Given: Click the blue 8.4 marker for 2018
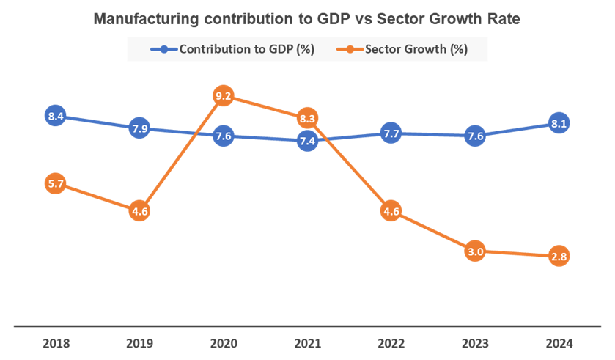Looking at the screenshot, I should click(56, 116).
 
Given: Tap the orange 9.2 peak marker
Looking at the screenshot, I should click(224, 95).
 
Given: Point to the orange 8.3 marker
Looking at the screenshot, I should click(308, 118).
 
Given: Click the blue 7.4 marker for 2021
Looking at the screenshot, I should click(308, 142).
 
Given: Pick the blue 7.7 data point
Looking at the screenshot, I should click(391, 133).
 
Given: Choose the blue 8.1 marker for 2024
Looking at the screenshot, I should click(559, 124).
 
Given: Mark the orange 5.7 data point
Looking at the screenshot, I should click(56, 184).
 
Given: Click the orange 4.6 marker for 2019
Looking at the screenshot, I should click(140, 212).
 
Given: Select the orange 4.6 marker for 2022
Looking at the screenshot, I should click(391, 212).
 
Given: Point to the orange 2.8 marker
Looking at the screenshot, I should click(559, 257).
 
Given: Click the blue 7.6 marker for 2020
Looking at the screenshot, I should click(224, 136).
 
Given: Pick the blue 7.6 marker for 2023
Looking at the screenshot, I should click(475, 136).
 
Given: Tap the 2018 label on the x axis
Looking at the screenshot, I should click(56, 343).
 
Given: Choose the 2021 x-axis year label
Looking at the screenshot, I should click(308, 343).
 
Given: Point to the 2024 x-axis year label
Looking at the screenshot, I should click(559, 343).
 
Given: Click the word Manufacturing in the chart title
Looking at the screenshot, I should click(142, 20).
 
